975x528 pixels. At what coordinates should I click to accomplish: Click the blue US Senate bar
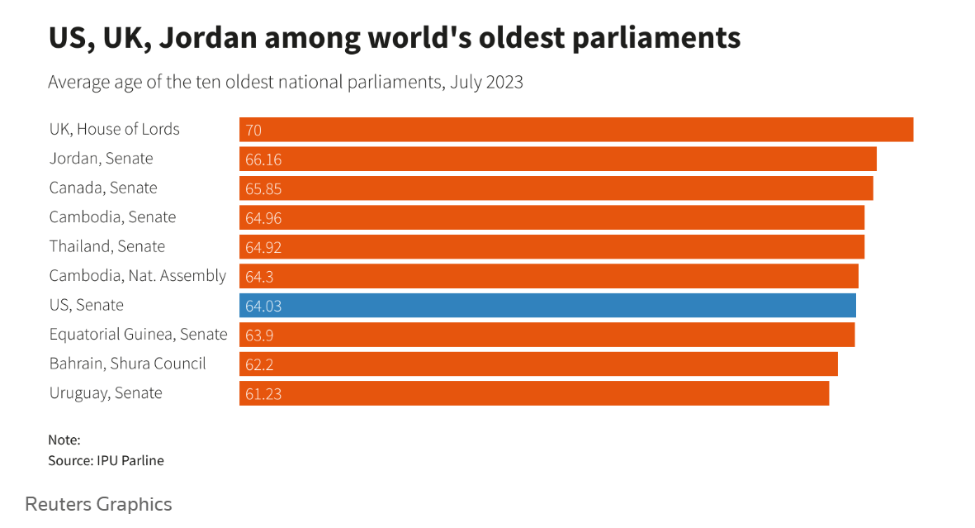point(547,306)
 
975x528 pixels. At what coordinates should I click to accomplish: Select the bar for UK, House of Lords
point(576,130)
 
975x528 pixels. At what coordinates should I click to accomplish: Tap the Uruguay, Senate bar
point(534,393)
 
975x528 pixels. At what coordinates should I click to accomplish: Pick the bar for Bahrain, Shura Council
point(538,364)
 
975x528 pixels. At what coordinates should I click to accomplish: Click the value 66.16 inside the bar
point(263,159)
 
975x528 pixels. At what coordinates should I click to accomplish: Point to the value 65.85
point(263,188)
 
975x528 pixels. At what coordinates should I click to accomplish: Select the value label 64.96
point(263,218)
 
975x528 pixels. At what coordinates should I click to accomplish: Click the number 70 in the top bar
point(253,130)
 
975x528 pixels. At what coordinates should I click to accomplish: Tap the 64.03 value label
point(263,306)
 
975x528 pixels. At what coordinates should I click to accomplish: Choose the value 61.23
point(263,394)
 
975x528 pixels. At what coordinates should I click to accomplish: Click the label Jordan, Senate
point(101,159)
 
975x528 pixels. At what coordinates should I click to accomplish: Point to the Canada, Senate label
point(103,188)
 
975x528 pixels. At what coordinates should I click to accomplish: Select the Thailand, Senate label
point(107,246)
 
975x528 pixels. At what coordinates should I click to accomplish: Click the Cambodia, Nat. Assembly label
point(137,276)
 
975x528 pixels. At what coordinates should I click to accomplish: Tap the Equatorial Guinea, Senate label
point(138,335)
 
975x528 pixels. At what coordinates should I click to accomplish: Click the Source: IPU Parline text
point(106,460)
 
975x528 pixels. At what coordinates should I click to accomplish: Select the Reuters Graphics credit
point(98,504)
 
